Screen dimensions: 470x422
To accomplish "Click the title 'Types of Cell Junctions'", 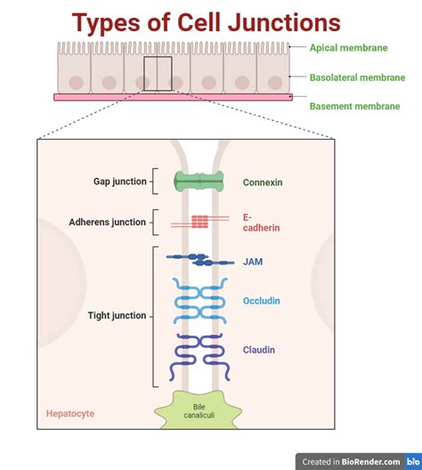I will coord(206,21).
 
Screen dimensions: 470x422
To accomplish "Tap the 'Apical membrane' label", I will coord(349,48).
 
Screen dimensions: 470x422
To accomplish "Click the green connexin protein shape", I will coord(199,182).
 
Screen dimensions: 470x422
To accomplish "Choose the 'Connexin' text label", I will coord(263,182).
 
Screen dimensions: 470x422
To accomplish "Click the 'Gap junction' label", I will coord(119,182).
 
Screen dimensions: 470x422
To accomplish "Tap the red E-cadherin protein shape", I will coord(199,219).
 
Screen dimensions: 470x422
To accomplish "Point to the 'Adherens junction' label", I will coord(107,222).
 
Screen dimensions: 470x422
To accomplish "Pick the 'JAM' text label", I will coord(253,262).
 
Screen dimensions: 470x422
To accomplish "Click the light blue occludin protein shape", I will coord(199,301).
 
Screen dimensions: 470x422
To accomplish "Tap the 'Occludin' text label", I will coord(261,301).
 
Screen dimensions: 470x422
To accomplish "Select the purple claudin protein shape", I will coord(199,351).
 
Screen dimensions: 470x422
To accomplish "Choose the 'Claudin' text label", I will coord(259,350).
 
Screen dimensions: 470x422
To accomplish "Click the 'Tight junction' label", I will coord(117,315).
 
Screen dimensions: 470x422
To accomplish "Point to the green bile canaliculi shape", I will coord(199,412).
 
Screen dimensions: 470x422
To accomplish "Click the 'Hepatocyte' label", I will coord(70,414).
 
